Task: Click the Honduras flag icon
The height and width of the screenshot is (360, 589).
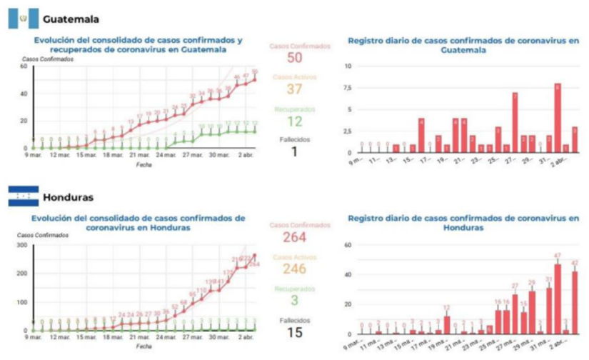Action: click(22, 196)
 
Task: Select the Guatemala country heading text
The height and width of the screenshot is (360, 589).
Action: click(71, 19)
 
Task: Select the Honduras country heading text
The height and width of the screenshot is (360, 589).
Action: click(69, 196)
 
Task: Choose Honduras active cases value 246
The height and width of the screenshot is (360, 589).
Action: click(300, 269)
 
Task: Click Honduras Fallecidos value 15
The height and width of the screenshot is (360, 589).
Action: click(300, 332)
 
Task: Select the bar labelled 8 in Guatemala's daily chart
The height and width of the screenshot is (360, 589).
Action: click(558, 119)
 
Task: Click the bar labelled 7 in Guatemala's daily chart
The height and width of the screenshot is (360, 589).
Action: click(514, 123)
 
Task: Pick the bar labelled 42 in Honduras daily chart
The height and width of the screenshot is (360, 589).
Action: click(574, 303)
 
